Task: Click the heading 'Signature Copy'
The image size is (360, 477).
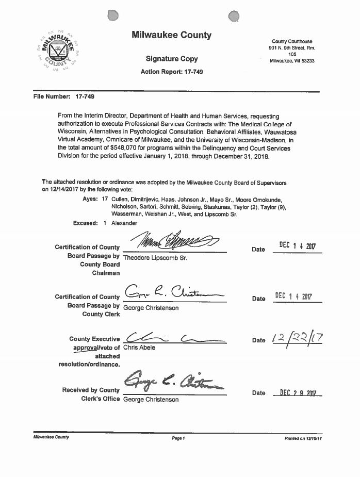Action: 172,59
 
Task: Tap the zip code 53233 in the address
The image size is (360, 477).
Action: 305,61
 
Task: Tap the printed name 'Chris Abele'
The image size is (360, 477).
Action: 139,348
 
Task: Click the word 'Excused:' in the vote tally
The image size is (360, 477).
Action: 86,223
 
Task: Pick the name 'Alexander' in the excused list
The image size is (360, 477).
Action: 124,223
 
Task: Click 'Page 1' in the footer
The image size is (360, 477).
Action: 178,438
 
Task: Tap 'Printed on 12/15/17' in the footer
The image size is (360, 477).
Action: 303,438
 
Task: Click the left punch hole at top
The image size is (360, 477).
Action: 113,17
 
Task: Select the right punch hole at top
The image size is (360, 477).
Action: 233,17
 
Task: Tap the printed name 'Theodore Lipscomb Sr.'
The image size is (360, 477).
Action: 155,257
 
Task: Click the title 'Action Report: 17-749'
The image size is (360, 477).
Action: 172,72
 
